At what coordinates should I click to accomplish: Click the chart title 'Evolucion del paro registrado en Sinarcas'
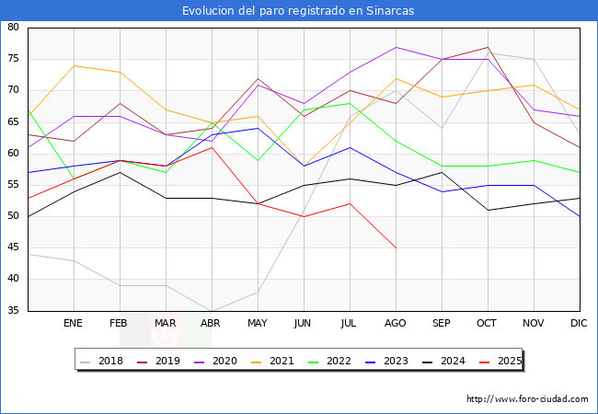298,11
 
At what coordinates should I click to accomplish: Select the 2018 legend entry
103,361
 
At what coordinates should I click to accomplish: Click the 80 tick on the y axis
14,28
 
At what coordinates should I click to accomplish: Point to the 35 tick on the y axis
14,311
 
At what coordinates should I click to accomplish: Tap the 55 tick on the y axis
14,185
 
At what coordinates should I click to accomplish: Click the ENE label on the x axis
74,324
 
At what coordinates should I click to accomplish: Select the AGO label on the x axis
396,324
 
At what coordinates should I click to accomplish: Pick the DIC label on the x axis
579,324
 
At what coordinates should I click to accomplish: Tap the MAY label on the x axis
258,324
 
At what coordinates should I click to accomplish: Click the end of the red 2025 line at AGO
396,248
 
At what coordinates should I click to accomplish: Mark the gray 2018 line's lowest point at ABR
212,311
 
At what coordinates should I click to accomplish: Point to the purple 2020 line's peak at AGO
396,47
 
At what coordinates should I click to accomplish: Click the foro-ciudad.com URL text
527,399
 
